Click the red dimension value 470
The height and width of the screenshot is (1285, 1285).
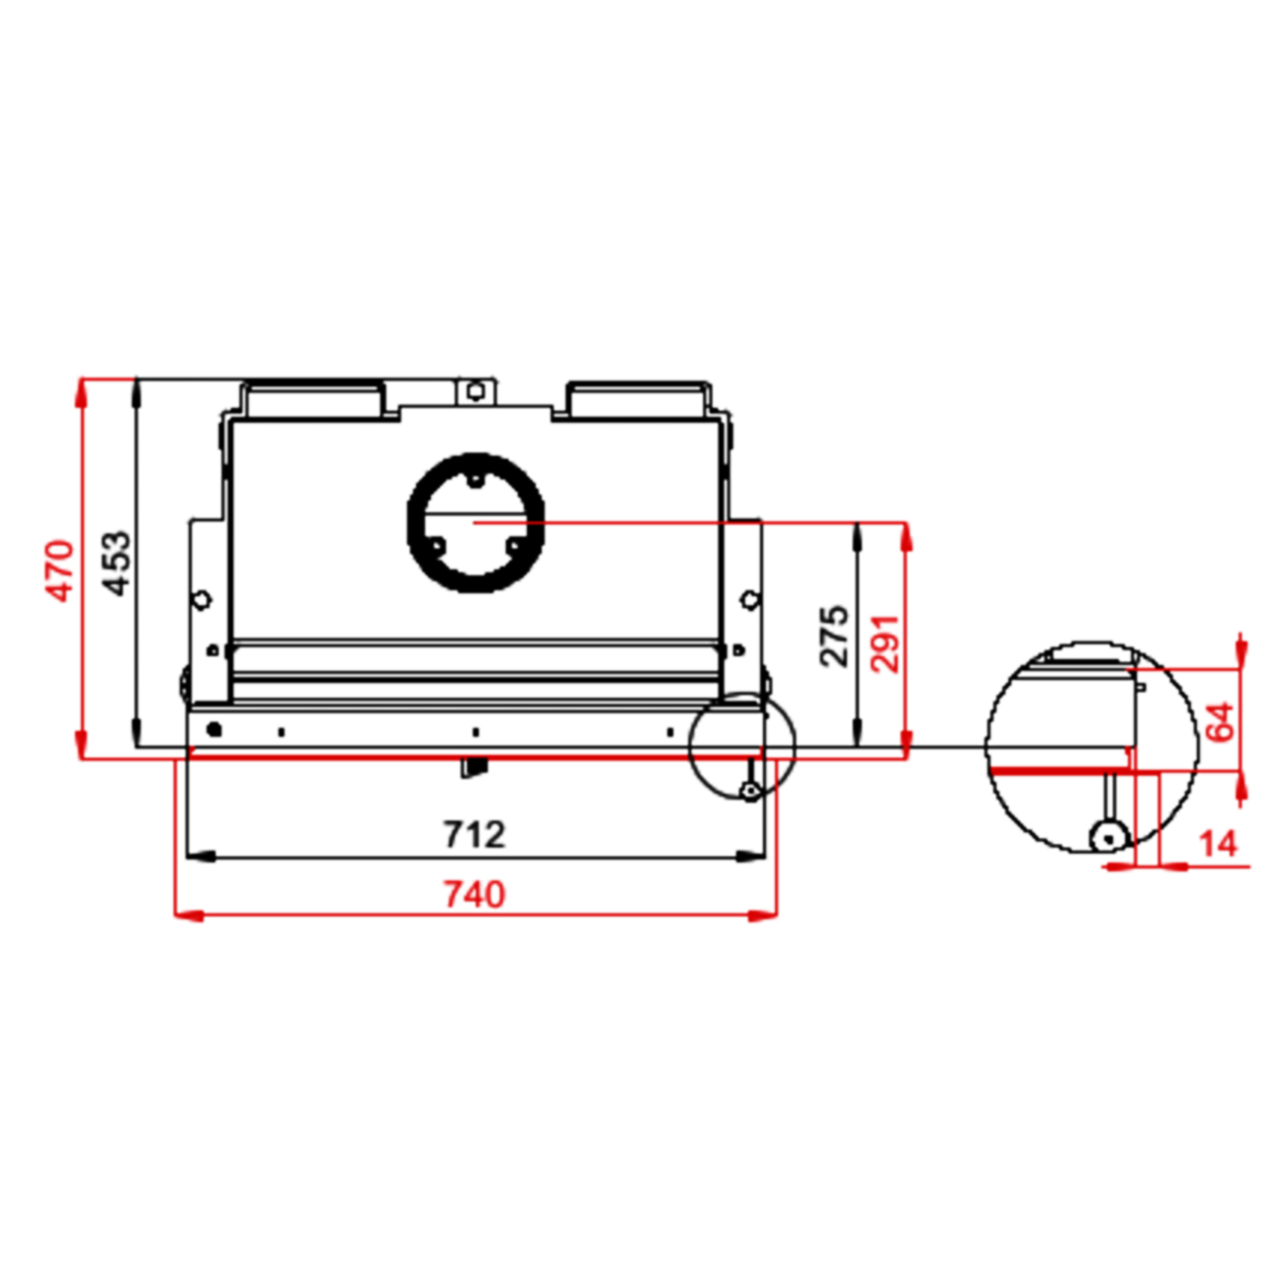(x=60, y=570)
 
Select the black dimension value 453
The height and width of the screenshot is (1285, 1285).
(x=117, y=563)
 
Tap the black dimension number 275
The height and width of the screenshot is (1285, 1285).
(x=834, y=636)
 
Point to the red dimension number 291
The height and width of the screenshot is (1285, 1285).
(x=885, y=642)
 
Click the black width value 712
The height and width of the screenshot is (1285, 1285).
(x=474, y=835)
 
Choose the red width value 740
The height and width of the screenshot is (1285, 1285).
(x=474, y=895)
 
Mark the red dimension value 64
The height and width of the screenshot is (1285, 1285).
(x=1221, y=722)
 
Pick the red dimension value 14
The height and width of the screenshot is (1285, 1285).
(x=1217, y=844)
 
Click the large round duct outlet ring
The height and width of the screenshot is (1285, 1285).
(x=475, y=522)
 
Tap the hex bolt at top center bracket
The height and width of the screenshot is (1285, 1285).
(x=475, y=391)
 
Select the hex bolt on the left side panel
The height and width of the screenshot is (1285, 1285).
(x=202, y=599)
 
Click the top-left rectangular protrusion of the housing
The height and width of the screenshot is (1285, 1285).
(x=314, y=398)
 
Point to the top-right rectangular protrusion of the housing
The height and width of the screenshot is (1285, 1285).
(x=638, y=398)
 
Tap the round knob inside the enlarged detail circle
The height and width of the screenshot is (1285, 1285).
(x=1108, y=837)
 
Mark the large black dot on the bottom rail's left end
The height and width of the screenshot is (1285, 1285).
(x=213, y=729)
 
